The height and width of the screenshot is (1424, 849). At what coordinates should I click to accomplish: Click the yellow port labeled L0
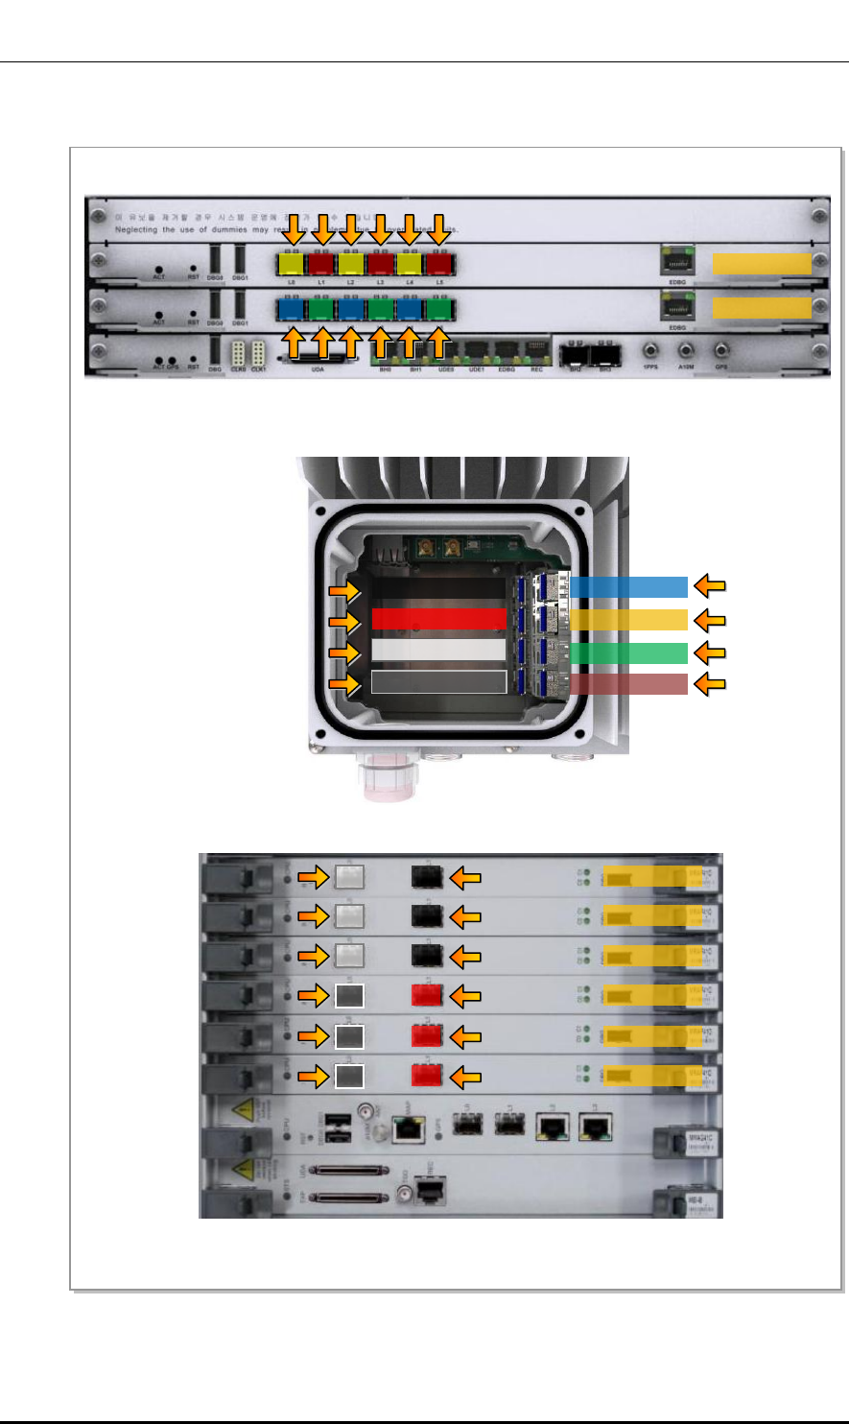pyautogui.click(x=293, y=263)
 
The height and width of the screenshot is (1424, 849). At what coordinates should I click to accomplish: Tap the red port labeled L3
pyautogui.click(x=381, y=263)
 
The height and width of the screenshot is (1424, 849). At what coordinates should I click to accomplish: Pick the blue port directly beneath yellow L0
pyautogui.click(x=293, y=310)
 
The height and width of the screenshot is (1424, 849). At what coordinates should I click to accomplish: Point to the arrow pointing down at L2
pyautogui.click(x=352, y=229)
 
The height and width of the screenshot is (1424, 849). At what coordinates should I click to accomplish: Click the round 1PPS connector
pyautogui.click(x=649, y=352)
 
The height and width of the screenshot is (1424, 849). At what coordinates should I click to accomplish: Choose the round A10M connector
pyautogui.click(x=685, y=352)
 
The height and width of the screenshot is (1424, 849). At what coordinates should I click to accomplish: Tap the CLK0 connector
pyautogui.click(x=238, y=351)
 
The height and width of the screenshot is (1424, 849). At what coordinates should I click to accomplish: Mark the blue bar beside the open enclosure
pyautogui.click(x=630, y=586)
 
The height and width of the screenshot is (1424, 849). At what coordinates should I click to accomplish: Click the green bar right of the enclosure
pyautogui.click(x=630, y=653)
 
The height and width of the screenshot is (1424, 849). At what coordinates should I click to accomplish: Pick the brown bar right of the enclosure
pyautogui.click(x=630, y=684)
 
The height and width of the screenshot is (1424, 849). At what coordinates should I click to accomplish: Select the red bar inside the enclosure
pyautogui.click(x=437, y=618)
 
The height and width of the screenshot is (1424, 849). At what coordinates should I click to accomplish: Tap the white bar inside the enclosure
pyautogui.click(x=437, y=650)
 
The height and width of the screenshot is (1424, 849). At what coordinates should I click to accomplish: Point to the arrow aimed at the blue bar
pyautogui.click(x=710, y=584)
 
